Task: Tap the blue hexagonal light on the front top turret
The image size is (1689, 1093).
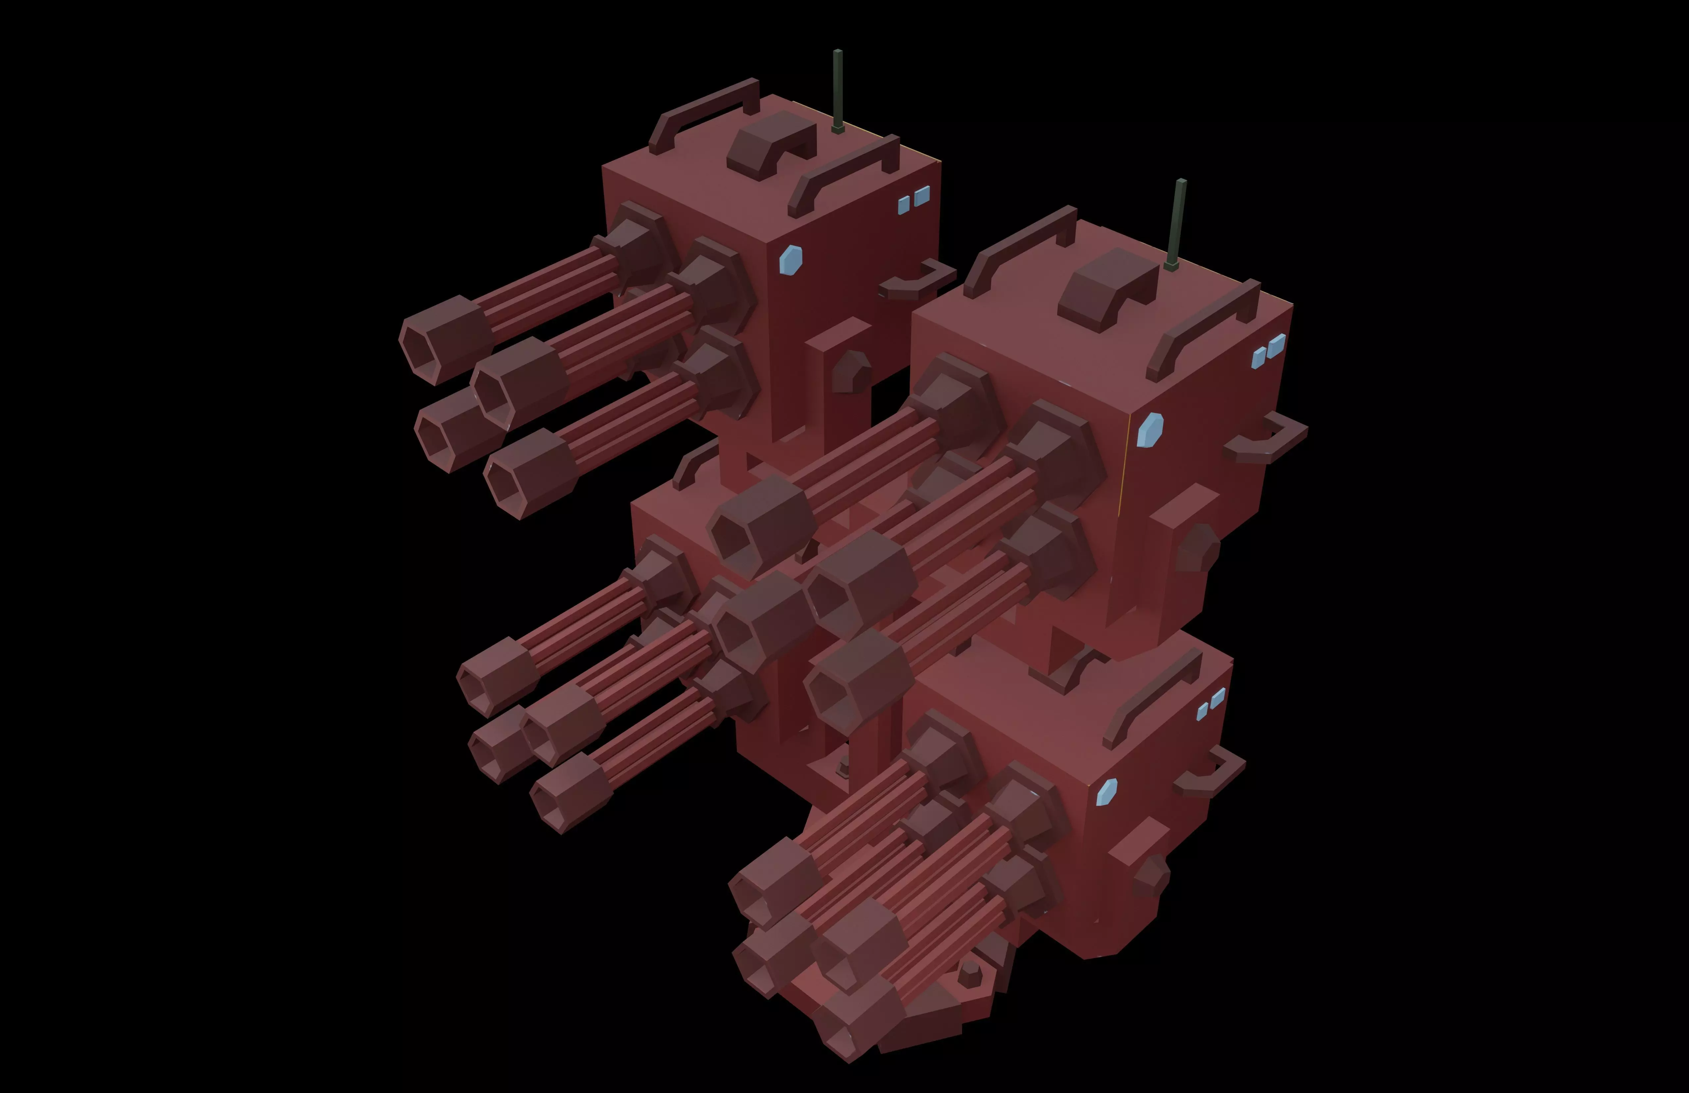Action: coord(1150,430)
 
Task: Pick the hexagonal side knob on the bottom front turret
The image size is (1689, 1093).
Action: coord(1150,873)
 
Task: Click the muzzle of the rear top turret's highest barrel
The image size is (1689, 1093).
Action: coord(434,341)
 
